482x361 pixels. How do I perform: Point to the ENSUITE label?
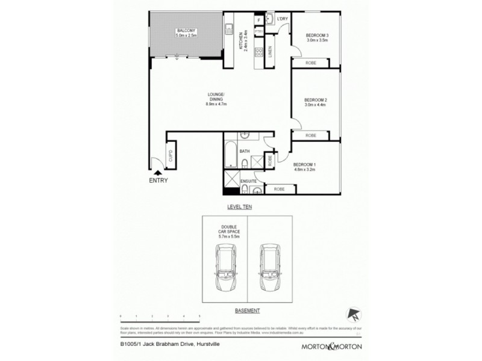249,180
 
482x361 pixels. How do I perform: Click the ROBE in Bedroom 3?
311,62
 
